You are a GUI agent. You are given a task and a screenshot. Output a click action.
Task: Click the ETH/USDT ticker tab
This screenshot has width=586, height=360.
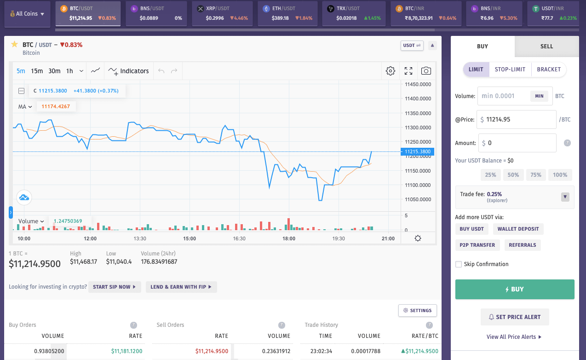[x=288, y=13]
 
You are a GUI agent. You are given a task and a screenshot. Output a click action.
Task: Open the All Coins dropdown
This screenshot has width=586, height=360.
[x=27, y=14]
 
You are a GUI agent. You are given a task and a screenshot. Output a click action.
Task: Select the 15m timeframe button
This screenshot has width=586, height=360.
[x=37, y=71]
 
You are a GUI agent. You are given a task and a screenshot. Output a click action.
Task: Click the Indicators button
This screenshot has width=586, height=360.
[x=128, y=71]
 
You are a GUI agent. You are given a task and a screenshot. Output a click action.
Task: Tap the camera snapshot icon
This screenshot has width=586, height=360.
[x=426, y=71]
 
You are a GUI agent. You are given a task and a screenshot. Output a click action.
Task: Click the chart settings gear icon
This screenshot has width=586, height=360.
[x=391, y=71]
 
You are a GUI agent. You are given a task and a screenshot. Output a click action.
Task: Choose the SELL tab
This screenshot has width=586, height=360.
[x=546, y=46]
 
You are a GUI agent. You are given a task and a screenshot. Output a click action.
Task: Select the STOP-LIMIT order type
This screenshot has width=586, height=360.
[x=510, y=70]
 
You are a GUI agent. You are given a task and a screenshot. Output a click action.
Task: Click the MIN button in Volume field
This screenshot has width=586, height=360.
[x=539, y=96]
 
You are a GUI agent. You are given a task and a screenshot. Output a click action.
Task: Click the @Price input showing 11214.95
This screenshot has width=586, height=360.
[x=517, y=119]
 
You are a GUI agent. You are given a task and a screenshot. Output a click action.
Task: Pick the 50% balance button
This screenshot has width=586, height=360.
[x=513, y=175]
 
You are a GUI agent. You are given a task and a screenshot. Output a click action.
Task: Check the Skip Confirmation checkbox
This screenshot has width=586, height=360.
[x=458, y=264]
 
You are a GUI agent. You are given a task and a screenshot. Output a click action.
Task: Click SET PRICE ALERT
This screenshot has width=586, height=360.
[x=515, y=317]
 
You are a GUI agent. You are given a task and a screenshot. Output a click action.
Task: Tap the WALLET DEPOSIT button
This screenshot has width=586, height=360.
[x=518, y=229]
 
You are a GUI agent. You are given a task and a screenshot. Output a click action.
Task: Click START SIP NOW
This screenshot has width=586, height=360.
[x=115, y=287]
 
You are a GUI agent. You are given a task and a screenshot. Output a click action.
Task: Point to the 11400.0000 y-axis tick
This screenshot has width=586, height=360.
[x=418, y=99]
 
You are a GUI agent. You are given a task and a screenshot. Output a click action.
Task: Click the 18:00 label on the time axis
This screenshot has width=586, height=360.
[x=289, y=238]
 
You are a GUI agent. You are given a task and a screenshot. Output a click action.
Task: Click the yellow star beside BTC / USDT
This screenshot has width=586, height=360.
[x=14, y=44]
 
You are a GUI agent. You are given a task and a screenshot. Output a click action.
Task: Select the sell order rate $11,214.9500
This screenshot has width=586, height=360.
[x=212, y=351]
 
